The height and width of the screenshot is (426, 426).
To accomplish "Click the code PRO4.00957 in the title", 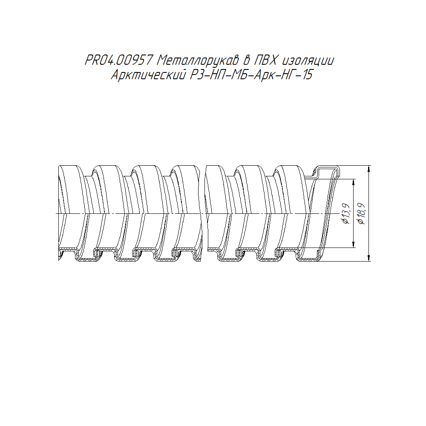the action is (x=118, y=60).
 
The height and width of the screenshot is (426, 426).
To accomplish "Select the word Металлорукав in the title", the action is (x=198, y=60).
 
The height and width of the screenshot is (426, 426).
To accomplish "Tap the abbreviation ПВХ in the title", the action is (x=265, y=60).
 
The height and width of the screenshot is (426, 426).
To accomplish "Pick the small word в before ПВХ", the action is (x=246, y=60).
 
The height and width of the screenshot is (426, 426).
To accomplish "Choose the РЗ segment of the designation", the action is (x=196, y=75).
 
